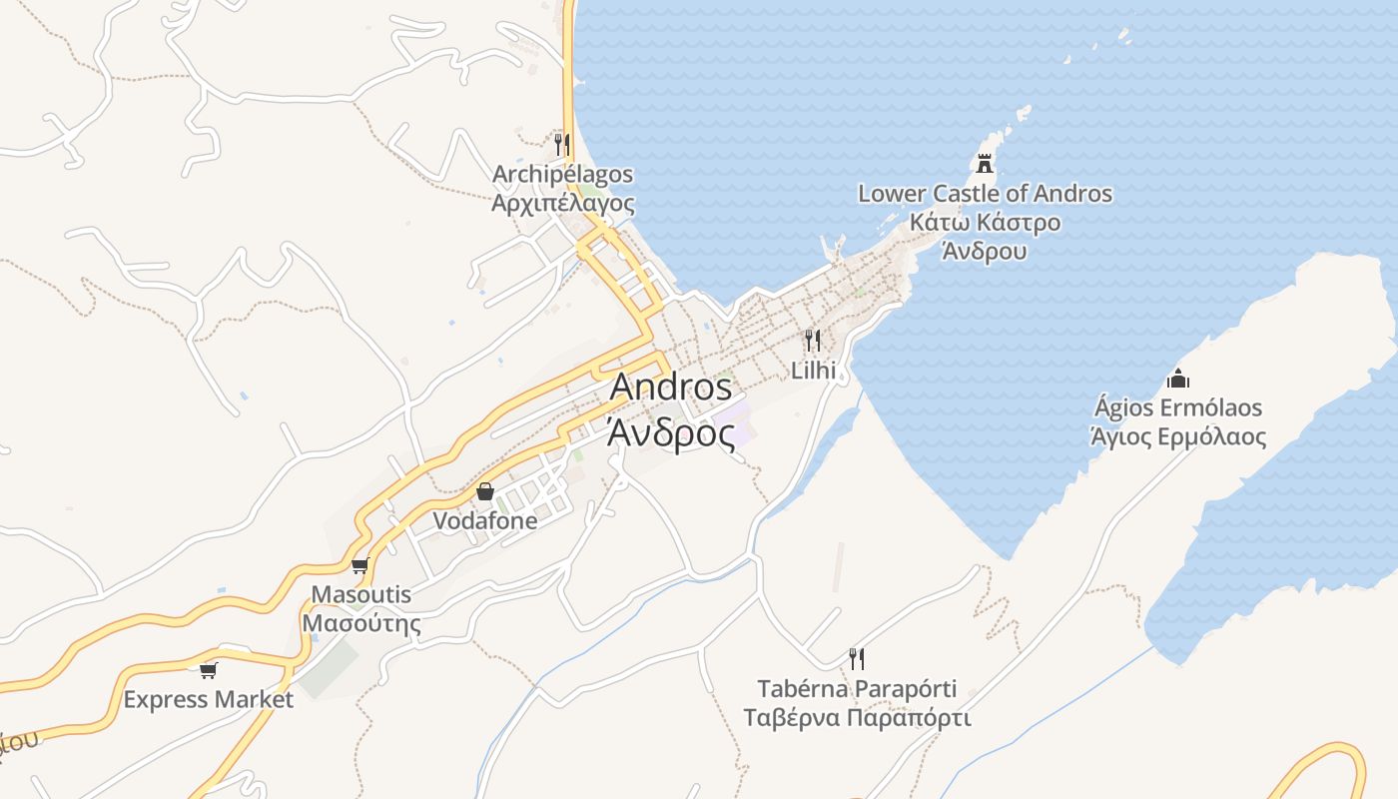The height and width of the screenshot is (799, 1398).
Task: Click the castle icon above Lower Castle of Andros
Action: (985, 163)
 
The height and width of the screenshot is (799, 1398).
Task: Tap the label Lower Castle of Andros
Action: (985, 194)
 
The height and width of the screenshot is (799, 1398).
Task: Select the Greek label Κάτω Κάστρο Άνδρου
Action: (985, 237)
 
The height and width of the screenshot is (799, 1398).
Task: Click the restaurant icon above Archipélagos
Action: (562, 145)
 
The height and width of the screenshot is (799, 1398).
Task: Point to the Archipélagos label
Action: (562, 175)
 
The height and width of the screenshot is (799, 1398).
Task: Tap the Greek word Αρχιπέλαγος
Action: (562, 204)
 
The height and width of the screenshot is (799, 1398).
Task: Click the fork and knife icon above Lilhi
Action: (813, 341)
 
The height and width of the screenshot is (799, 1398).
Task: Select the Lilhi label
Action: (813, 371)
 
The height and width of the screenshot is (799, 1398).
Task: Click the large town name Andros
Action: (670, 388)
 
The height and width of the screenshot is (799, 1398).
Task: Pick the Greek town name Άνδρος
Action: (670, 434)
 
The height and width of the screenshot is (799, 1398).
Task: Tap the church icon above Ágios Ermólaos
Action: (1178, 379)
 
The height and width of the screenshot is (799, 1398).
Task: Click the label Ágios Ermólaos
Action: (1178, 408)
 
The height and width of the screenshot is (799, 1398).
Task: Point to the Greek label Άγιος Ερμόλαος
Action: (1178, 437)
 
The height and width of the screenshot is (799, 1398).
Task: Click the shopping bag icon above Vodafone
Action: (485, 491)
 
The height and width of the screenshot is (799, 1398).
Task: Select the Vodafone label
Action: (485, 521)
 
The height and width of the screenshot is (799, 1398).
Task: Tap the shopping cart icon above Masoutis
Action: (360, 565)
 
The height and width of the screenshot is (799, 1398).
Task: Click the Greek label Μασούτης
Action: (360, 624)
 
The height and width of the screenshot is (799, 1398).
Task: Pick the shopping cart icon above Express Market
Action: (209, 669)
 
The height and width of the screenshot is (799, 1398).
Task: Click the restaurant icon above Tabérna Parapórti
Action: (857, 658)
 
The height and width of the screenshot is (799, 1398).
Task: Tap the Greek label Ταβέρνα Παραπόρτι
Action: (857, 718)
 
